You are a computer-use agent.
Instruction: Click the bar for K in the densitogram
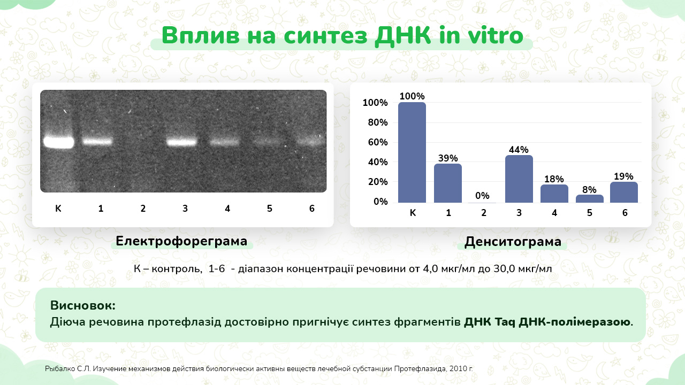(412, 152)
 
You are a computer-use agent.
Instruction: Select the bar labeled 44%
(519, 179)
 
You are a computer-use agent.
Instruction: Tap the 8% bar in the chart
(590, 198)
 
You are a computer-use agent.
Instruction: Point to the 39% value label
(448, 158)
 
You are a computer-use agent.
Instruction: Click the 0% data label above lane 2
(482, 196)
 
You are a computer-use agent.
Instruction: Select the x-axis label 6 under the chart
(625, 213)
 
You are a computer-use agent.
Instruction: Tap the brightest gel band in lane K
(59, 142)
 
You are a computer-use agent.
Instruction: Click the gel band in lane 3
(182, 142)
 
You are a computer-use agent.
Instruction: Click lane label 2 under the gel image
(143, 209)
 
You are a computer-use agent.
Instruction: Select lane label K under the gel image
(58, 209)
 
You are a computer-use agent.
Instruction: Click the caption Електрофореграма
(181, 241)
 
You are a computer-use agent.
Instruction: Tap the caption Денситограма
(513, 242)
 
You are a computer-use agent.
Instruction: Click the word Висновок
(83, 305)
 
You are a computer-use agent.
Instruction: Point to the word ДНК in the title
(403, 35)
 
